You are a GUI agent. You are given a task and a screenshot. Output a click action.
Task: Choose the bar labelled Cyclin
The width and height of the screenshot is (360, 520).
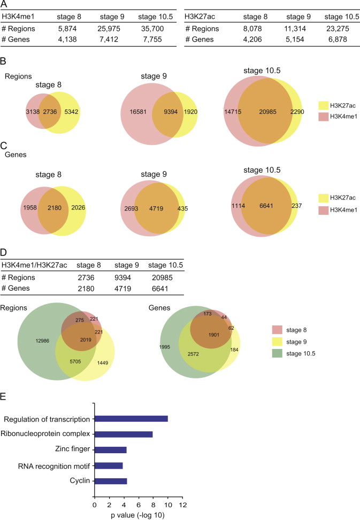(111, 481)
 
